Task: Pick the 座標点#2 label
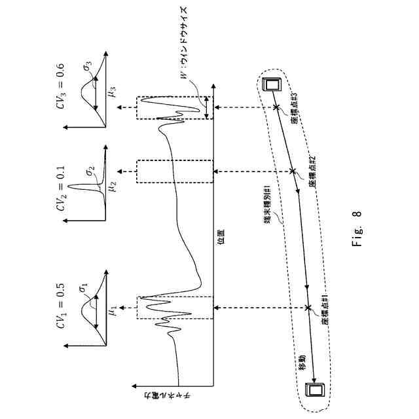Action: click(312, 172)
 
